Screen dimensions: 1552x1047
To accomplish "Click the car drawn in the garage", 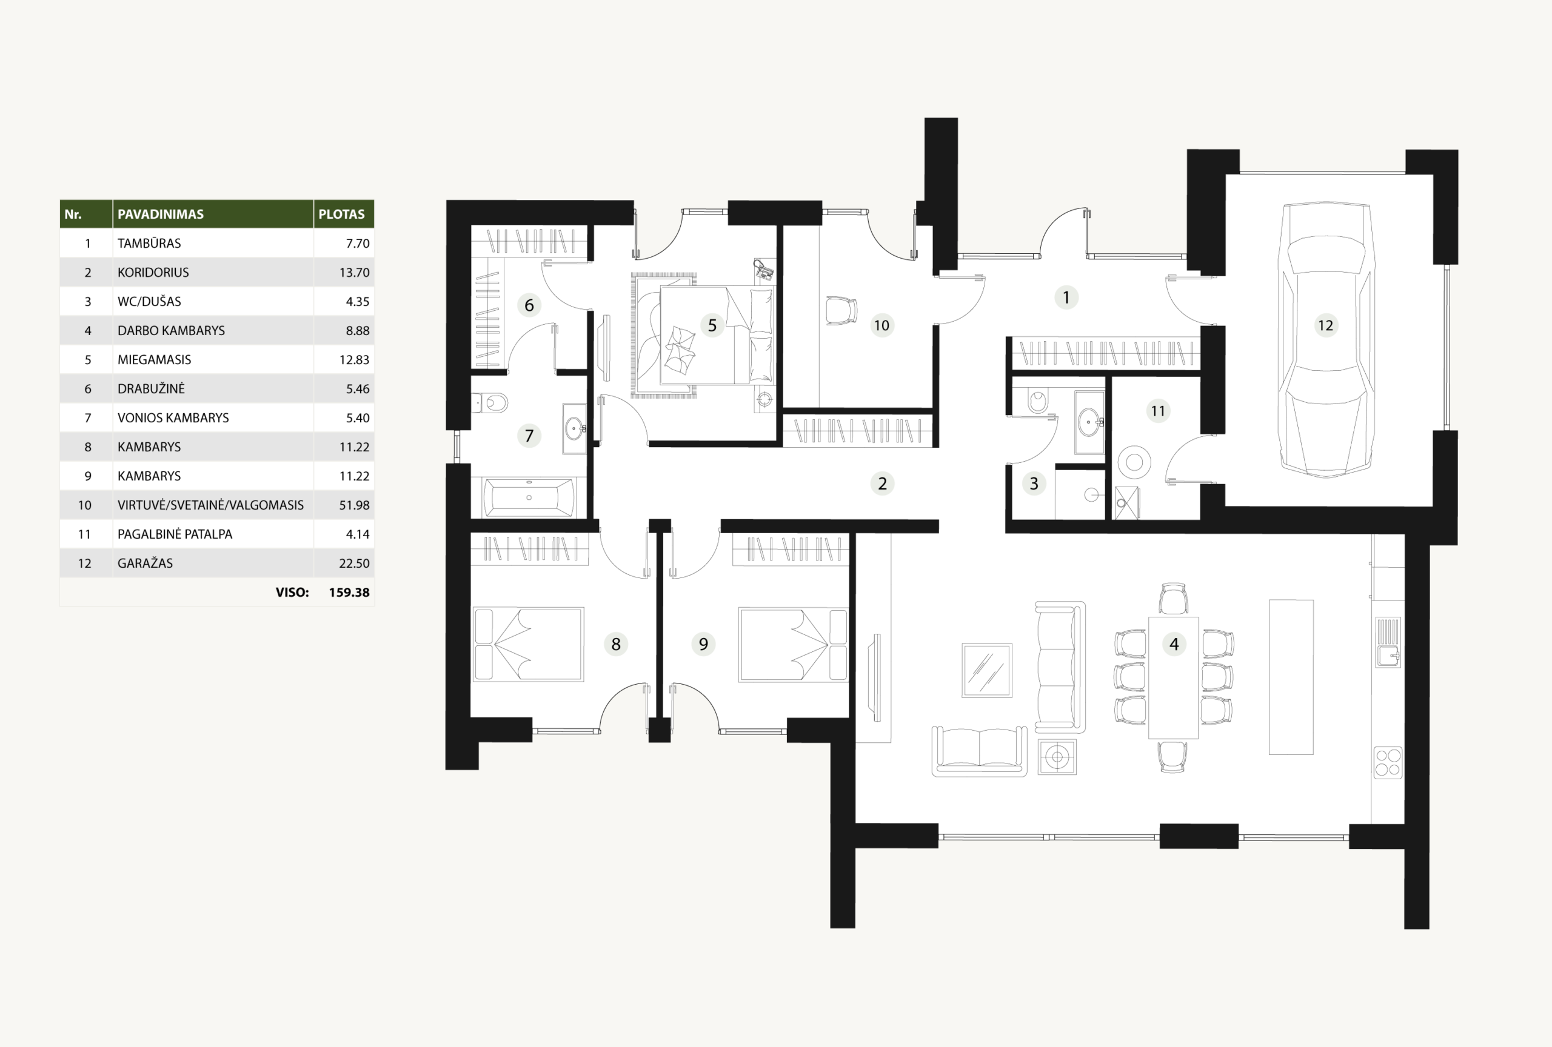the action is click(1326, 341).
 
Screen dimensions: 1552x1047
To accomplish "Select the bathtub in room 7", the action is click(529, 497).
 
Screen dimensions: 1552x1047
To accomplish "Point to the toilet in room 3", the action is click(1037, 401).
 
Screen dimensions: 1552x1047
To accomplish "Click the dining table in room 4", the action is click(1173, 677).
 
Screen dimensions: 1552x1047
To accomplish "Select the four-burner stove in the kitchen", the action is click(1388, 763).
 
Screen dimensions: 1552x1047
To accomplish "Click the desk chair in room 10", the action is click(841, 311).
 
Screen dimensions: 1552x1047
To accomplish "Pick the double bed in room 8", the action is click(528, 645).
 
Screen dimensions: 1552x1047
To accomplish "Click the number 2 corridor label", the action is click(882, 483).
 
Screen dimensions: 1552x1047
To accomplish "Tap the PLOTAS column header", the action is click(341, 214).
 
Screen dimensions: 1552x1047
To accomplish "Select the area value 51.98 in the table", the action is click(354, 505).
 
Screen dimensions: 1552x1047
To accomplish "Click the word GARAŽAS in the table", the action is click(145, 563).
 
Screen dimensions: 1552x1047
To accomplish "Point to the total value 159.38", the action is click(349, 593).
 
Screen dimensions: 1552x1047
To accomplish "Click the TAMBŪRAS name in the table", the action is click(149, 243).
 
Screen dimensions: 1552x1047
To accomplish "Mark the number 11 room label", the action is click(1158, 411).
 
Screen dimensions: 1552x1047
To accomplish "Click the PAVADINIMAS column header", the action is click(160, 214).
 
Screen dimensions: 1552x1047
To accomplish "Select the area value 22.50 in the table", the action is click(354, 563).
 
